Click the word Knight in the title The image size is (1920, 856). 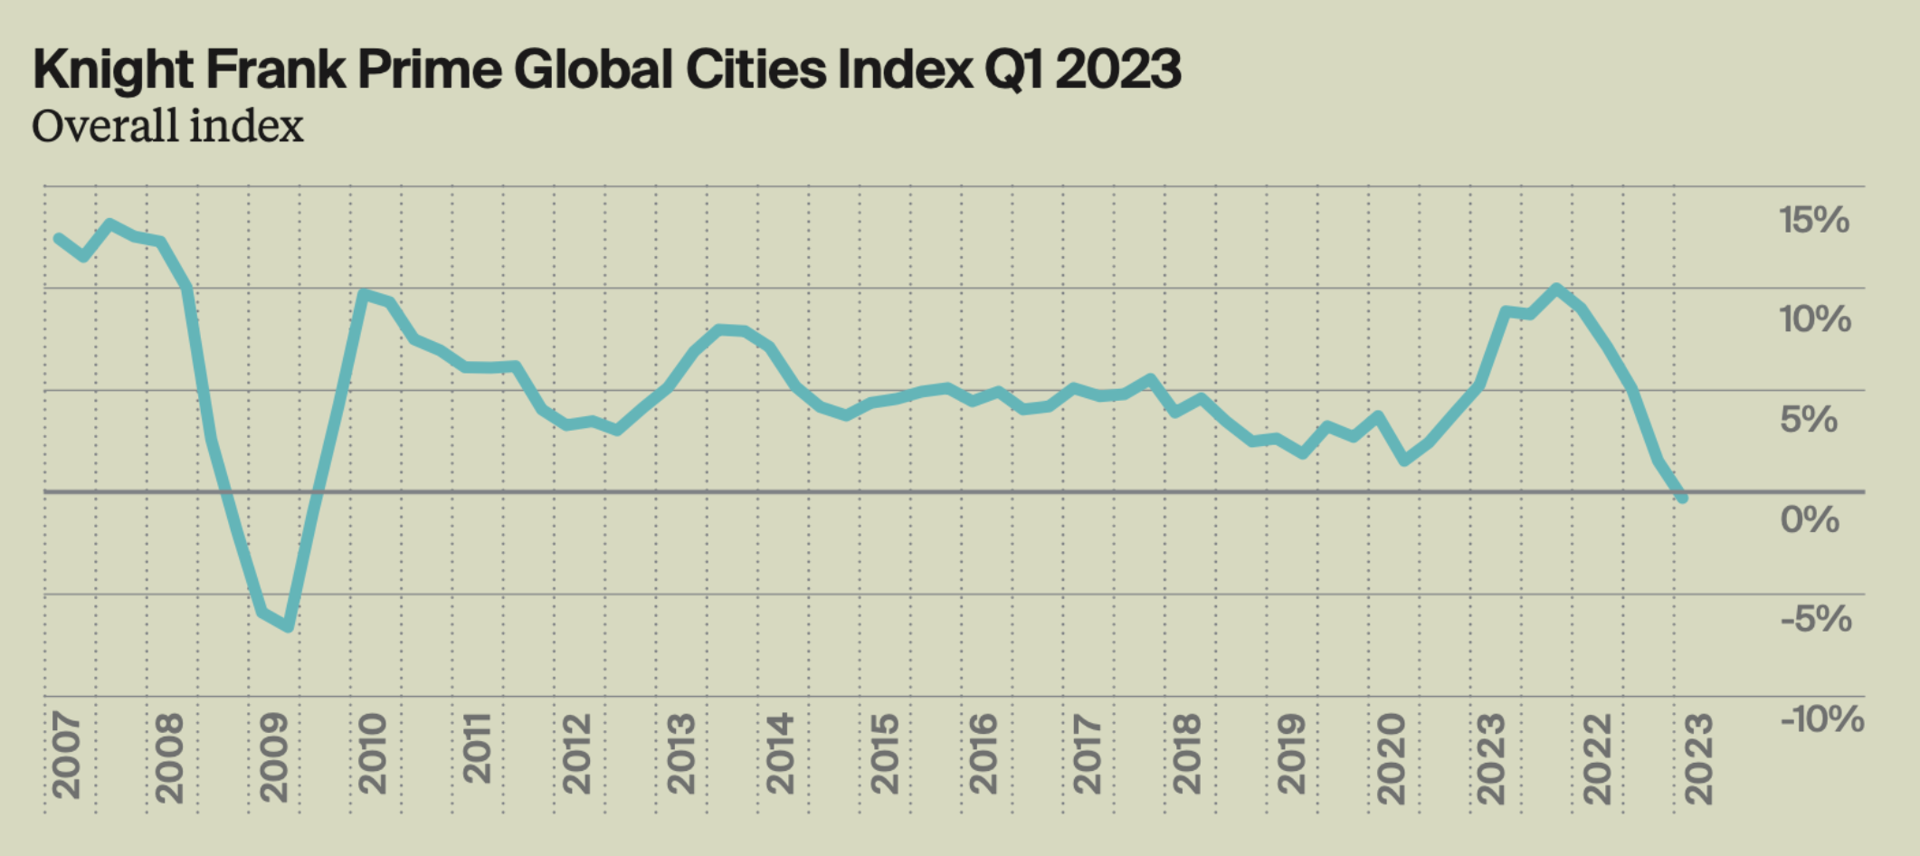tap(112, 70)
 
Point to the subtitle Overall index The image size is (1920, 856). tap(167, 126)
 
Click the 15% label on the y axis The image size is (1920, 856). tap(1813, 220)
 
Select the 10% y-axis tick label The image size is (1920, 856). tap(1814, 319)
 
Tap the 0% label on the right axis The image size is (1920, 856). tap(1810, 519)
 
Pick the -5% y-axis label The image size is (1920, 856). tap(1815, 620)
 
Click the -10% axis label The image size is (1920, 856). tap(1821, 719)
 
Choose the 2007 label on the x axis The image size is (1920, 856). tap(66, 756)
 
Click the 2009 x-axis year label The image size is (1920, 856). tap(273, 757)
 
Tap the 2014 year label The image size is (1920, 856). tap(779, 755)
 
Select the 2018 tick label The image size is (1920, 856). tap(1186, 755)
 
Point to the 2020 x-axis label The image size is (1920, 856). tap(1391, 757)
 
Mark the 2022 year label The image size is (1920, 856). tap(1597, 757)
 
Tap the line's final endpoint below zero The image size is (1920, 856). tap(1682, 498)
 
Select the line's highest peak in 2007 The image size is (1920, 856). tap(109, 224)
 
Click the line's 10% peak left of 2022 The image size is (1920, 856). tap(1556, 289)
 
